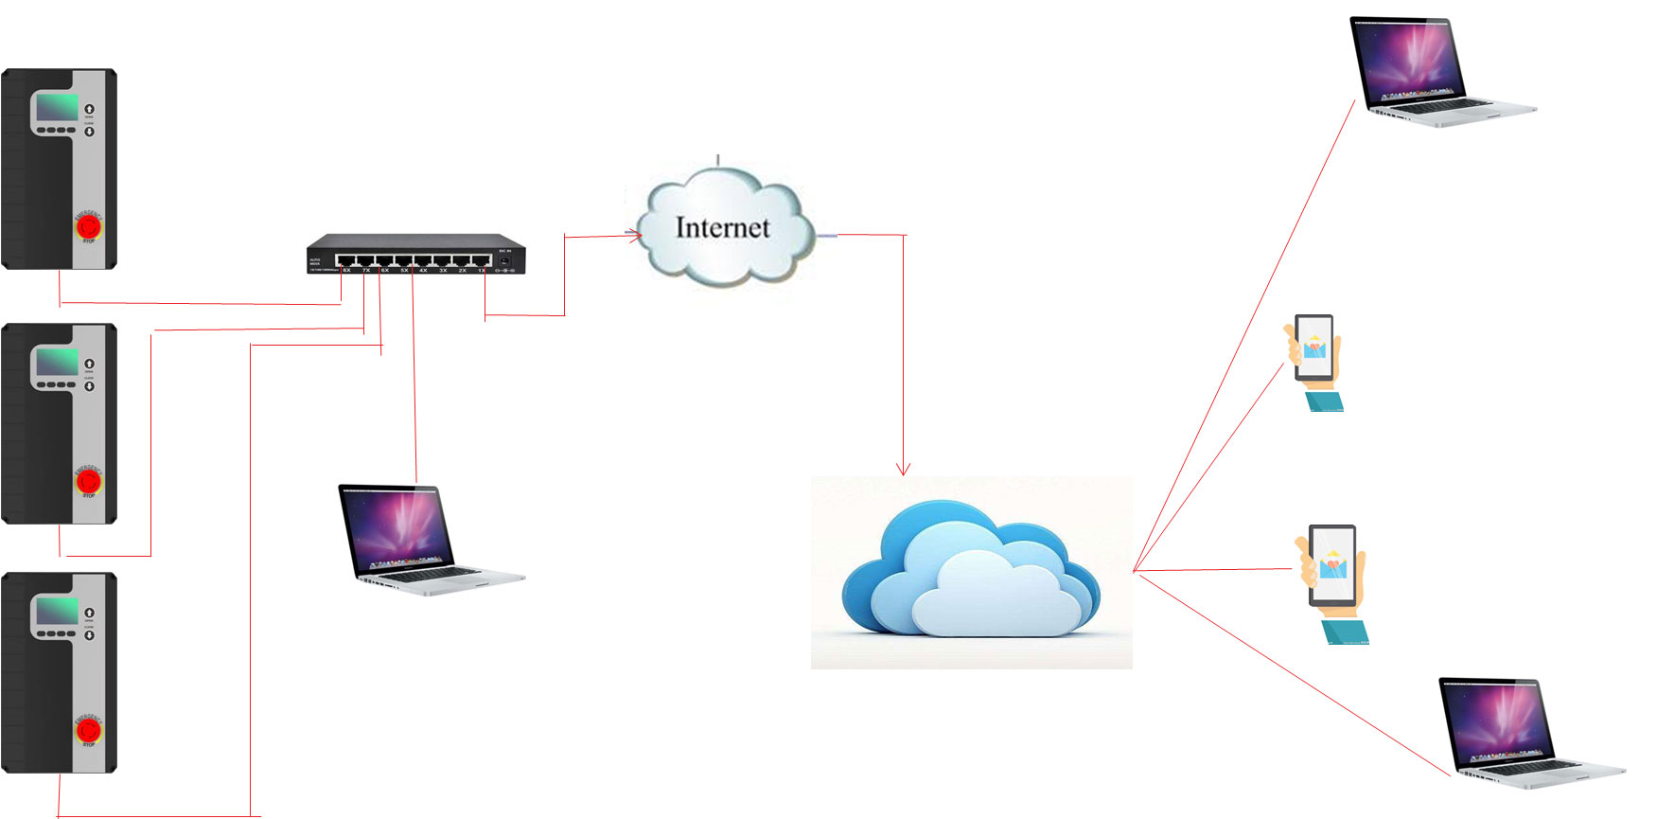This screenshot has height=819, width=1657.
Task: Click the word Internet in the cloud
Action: pos(722,228)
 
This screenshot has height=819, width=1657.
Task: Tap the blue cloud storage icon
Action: pos(971,572)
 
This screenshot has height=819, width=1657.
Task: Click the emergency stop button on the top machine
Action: pos(88,226)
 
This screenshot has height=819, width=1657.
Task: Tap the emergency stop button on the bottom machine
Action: pos(88,729)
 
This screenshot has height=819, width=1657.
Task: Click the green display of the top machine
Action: pos(57,107)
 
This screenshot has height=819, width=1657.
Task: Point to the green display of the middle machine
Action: pos(57,362)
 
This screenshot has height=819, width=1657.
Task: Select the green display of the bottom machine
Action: pos(57,610)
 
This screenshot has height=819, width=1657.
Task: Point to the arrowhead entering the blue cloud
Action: pos(904,468)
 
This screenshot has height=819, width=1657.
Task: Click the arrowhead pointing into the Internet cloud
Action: pos(635,235)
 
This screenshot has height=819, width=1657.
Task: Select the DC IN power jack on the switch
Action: pos(505,259)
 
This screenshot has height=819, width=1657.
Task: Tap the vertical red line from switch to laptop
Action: pos(414,379)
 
